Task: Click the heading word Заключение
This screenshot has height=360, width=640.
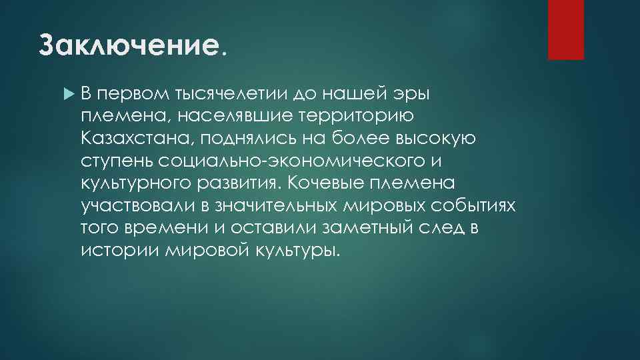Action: pos(129,45)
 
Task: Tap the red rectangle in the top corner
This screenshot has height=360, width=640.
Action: pos(565,29)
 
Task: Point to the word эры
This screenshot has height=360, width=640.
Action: pos(414,95)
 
